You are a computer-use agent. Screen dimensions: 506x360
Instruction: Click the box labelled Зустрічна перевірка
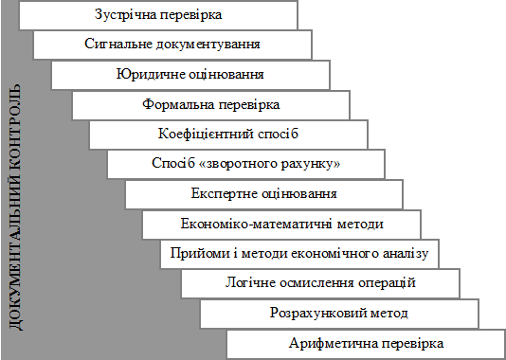click(158, 15)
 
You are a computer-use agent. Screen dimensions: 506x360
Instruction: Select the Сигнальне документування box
click(172, 45)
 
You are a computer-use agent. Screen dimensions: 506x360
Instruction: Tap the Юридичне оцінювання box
click(190, 75)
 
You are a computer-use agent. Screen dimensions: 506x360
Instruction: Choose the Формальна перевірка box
click(211, 105)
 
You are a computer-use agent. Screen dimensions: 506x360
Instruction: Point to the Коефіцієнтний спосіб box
click(228, 135)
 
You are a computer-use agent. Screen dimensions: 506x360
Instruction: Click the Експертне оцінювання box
click(264, 194)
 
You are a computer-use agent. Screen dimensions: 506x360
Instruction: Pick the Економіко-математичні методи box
click(281, 225)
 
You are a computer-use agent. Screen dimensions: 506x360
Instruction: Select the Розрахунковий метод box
click(339, 314)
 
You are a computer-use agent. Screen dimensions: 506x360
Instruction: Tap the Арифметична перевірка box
click(366, 344)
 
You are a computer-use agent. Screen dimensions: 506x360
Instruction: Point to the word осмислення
click(316, 283)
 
